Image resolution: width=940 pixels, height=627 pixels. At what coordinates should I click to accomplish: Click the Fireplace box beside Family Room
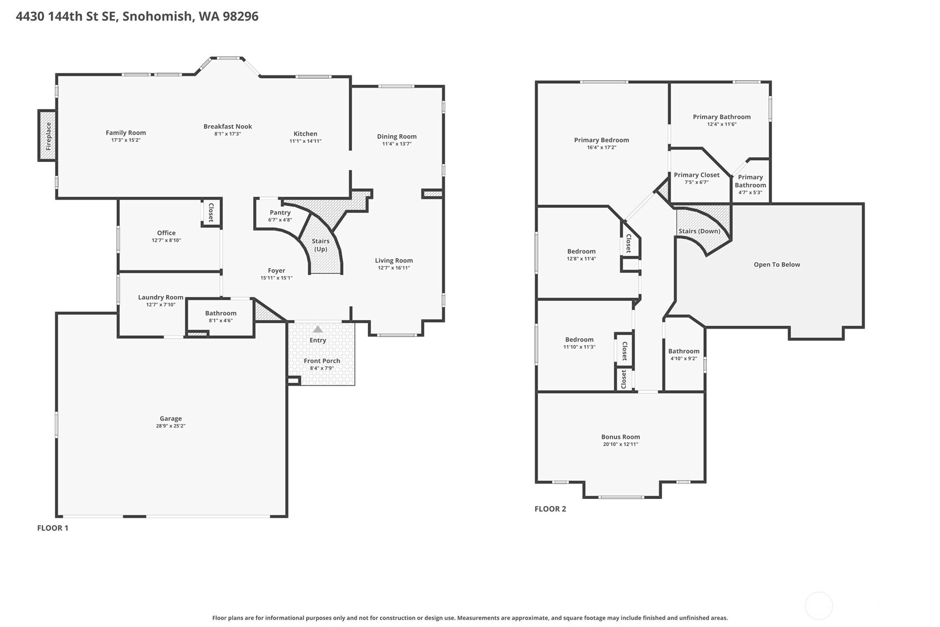pos(48,136)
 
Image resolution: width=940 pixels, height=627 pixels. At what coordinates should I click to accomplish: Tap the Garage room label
pos(171,419)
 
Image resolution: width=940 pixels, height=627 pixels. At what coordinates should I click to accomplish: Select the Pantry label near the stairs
pos(280,212)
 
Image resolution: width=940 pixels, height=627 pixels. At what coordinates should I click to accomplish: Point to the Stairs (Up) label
pos(321,245)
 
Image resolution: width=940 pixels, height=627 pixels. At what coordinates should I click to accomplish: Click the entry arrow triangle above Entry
pos(318,329)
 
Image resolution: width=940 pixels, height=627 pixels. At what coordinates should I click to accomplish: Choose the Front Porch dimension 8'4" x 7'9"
pos(322,368)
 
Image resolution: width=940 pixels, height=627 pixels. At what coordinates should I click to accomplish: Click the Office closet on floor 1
pos(211,212)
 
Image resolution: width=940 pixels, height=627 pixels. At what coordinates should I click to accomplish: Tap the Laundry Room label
pos(161,297)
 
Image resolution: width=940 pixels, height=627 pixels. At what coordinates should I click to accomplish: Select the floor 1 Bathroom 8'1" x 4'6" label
pos(220,313)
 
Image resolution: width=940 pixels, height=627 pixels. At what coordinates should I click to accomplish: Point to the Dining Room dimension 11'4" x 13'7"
pos(397,144)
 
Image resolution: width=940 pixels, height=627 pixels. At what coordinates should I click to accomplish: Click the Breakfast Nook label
pos(228,126)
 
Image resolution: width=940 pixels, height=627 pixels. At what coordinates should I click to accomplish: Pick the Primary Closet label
pos(697,175)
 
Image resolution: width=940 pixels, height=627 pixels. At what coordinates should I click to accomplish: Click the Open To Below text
pos(777,264)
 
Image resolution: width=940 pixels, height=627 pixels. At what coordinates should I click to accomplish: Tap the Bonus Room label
pos(620,437)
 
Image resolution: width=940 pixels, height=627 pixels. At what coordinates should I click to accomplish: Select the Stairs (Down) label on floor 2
pos(699,231)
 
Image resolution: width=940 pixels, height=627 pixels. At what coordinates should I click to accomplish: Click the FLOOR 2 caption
pos(550,509)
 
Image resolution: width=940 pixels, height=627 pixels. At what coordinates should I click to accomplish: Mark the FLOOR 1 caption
pos(53,528)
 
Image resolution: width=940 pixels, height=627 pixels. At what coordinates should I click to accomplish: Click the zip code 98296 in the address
pos(240,16)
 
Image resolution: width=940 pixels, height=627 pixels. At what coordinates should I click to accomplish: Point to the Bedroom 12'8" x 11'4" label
pos(581,251)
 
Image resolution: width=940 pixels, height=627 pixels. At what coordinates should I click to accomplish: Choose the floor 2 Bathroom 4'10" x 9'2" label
pos(684,351)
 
